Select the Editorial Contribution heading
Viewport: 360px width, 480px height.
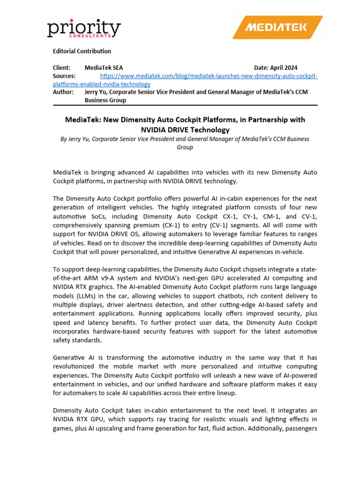click(82, 51)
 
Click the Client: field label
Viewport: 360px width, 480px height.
click(62, 68)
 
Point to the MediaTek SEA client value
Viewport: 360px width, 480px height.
click(104, 68)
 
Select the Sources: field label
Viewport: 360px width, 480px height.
click(64, 76)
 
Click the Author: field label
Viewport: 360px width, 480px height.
click(63, 92)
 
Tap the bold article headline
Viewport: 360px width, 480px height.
click(185, 125)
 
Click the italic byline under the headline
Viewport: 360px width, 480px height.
click(185, 143)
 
